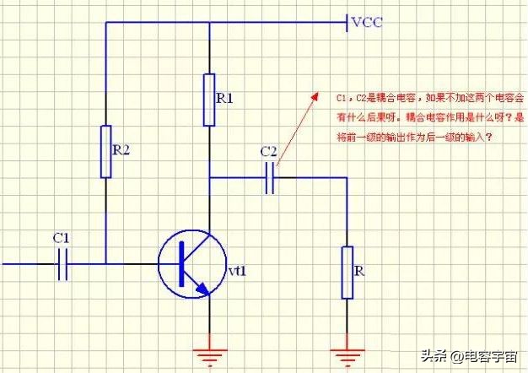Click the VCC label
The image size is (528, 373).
[x=368, y=22]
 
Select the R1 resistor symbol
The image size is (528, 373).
[x=208, y=100]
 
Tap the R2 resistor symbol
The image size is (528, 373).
[x=105, y=152]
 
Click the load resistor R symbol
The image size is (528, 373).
[x=347, y=272]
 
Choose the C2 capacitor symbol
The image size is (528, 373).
[x=270, y=179]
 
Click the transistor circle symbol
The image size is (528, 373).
[x=191, y=263]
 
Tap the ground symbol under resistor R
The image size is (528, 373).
[x=347, y=348]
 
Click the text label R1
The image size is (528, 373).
[x=225, y=99]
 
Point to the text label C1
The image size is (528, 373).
[x=61, y=238]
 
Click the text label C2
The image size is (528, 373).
[x=269, y=151]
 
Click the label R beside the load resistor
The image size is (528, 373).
[x=359, y=272]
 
